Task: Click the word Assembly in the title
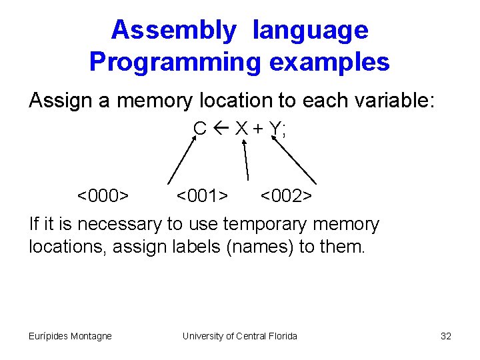click(x=173, y=30)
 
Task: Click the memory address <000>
click(x=103, y=196)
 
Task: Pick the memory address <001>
click(x=202, y=196)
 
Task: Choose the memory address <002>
click(x=286, y=196)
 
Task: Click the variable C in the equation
click(x=200, y=128)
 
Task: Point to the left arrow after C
click(x=220, y=128)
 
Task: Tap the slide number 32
click(x=446, y=336)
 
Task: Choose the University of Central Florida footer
click(x=239, y=336)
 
